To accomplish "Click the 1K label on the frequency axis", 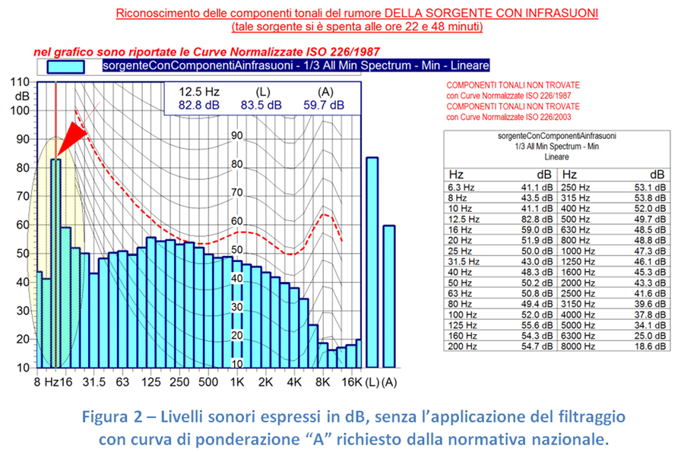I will coord(238,381).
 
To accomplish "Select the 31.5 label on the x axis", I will coord(93,381).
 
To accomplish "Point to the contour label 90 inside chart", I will coord(236,136).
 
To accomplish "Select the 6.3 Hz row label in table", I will coord(461,186).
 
